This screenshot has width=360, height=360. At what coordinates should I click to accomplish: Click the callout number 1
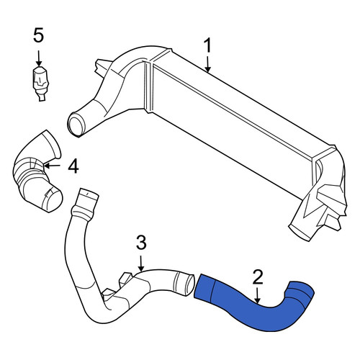207,45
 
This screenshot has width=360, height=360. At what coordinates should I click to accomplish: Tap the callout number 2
258,277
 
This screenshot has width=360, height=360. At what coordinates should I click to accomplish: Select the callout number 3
141,242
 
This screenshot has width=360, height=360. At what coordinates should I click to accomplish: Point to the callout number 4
73,166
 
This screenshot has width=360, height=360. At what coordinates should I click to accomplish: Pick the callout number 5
38,35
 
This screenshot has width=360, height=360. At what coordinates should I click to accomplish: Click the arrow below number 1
208,64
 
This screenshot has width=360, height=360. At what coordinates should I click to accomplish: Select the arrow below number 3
141,264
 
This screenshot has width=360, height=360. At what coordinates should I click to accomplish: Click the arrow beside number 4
52,166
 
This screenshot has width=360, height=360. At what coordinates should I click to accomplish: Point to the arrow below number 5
39,58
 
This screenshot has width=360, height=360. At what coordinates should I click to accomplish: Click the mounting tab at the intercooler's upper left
102,67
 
